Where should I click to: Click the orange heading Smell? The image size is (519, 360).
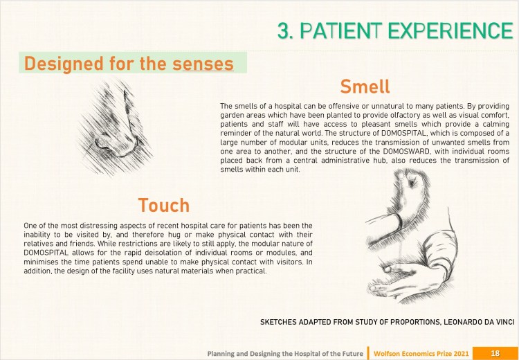tap(365, 87)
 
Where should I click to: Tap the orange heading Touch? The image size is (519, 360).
tap(164, 205)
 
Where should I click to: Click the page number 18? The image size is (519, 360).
tap(495, 353)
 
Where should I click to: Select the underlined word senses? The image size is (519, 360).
tap(203, 64)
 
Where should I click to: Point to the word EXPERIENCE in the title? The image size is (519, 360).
tap(450, 30)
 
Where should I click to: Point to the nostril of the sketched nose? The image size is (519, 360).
tap(107, 146)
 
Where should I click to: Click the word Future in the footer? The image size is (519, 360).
tap(354, 354)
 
